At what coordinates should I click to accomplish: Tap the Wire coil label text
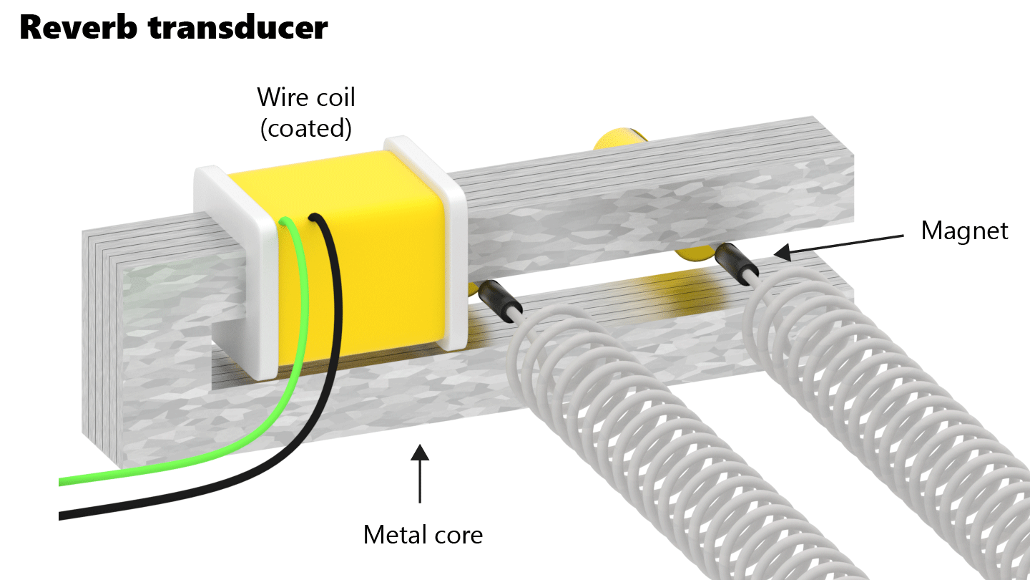tap(305, 96)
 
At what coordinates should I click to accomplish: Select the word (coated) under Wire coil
tap(305, 128)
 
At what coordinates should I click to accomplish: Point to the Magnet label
tap(964, 231)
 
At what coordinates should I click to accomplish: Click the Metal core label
tap(423, 534)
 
